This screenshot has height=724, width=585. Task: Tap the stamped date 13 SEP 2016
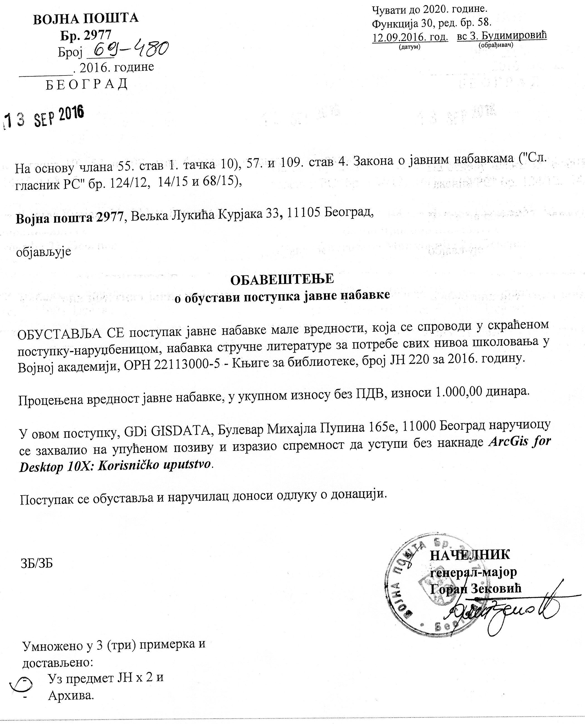(44, 118)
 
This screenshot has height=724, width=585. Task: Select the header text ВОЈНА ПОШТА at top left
(86, 19)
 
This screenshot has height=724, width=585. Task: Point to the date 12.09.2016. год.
(410, 37)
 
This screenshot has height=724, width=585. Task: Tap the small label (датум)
(409, 47)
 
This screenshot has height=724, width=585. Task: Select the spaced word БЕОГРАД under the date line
(87, 84)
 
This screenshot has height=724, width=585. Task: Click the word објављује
(44, 252)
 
